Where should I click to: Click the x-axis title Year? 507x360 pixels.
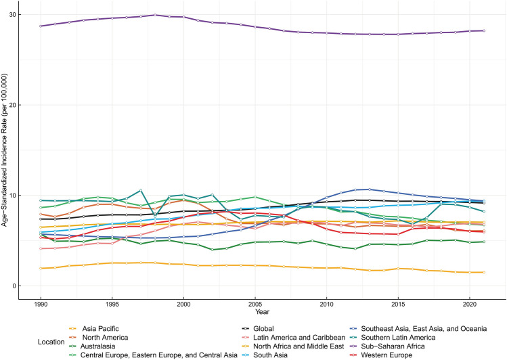tap(262, 312)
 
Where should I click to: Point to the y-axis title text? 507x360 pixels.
tap(4, 150)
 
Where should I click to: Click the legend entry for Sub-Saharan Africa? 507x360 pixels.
tap(387, 346)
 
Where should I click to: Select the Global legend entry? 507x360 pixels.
tap(258, 329)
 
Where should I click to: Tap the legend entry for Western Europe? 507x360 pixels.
tap(381, 355)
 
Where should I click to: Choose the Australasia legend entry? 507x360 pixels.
tap(92, 346)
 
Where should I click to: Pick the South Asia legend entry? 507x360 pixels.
tap(265, 355)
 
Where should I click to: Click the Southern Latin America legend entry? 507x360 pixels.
tap(393, 338)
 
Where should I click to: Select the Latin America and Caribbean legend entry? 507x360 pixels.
tap(294, 338)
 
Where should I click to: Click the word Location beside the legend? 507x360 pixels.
tap(51, 342)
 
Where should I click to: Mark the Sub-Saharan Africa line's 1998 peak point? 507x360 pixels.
tap(155, 15)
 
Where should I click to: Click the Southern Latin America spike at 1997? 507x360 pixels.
tap(141, 190)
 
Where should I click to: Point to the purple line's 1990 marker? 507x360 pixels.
tap(41, 26)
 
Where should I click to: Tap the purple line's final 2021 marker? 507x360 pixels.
tap(484, 30)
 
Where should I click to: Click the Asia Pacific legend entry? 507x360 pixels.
tap(94, 329)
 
